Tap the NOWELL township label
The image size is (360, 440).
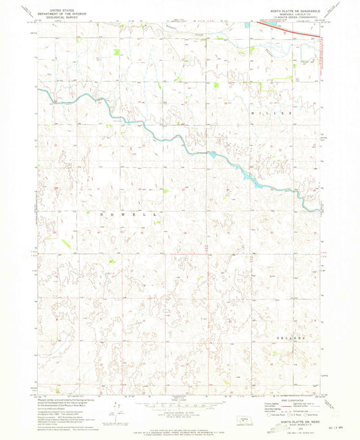(128, 213)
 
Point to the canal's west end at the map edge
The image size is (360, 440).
(39, 90)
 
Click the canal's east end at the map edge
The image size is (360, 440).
(318, 211)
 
